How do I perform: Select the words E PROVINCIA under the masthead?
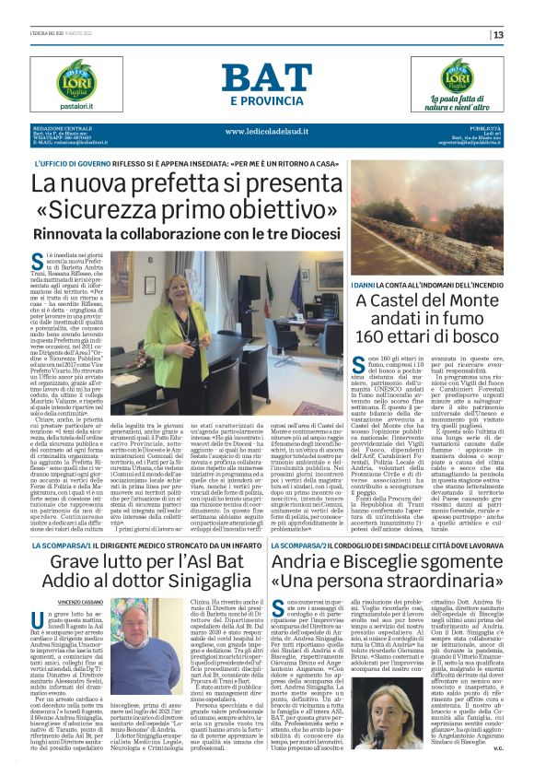coord(267,100)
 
